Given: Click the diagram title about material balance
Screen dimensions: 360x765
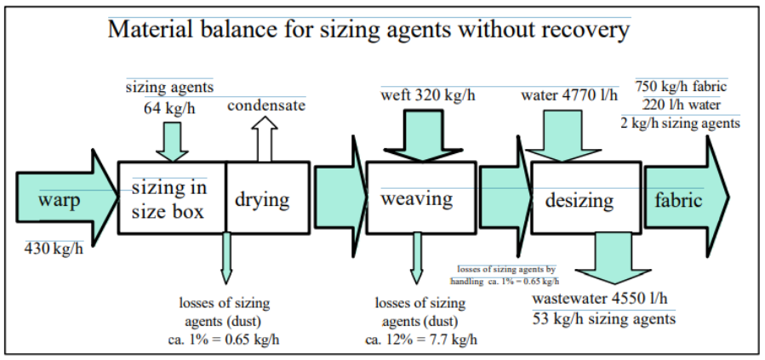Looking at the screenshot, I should pos(368,31).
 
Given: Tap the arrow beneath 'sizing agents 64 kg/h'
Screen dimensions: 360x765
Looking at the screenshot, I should pos(172,139).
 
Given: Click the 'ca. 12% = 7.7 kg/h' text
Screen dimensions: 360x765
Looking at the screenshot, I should pos(420,340).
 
